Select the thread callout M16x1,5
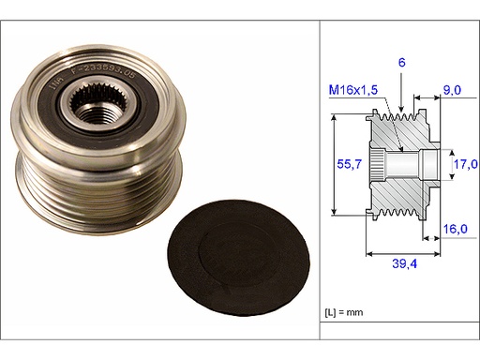tap(352, 90)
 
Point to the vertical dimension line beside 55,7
tap(335, 163)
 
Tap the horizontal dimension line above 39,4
tap(402, 253)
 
